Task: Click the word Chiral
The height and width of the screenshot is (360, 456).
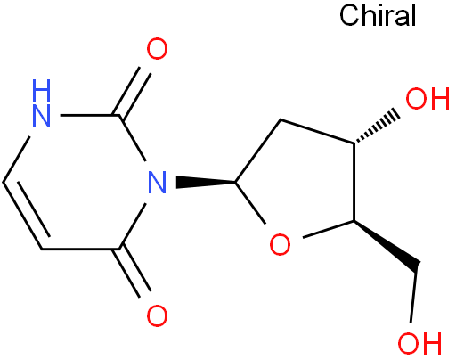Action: tap(378, 15)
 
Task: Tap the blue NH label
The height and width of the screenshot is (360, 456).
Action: tap(41, 102)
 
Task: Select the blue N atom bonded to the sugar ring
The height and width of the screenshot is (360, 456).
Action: tap(157, 182)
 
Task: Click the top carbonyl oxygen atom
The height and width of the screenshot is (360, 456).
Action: tap(157, 48)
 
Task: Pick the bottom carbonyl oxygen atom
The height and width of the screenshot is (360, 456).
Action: tap(157, 315)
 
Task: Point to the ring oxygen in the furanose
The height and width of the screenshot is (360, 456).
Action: tap(280, 244)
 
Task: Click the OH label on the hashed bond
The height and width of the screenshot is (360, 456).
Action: tap(427, 99)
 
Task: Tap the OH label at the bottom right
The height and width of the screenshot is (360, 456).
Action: tap(419, 343)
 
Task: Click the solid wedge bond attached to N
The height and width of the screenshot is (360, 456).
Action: tap(206, 182)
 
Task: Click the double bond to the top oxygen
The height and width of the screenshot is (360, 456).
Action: tap(133, 93)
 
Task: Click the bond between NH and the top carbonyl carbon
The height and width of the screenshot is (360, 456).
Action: tap(90, 115)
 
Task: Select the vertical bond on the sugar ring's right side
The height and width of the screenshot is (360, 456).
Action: tap(354, 182)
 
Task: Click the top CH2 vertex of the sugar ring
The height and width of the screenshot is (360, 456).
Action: tap(281, 119)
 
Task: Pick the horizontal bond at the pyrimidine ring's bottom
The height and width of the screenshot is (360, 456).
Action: tap(80, 249)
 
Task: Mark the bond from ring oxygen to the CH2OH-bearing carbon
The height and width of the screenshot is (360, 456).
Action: tap(328, 229)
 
